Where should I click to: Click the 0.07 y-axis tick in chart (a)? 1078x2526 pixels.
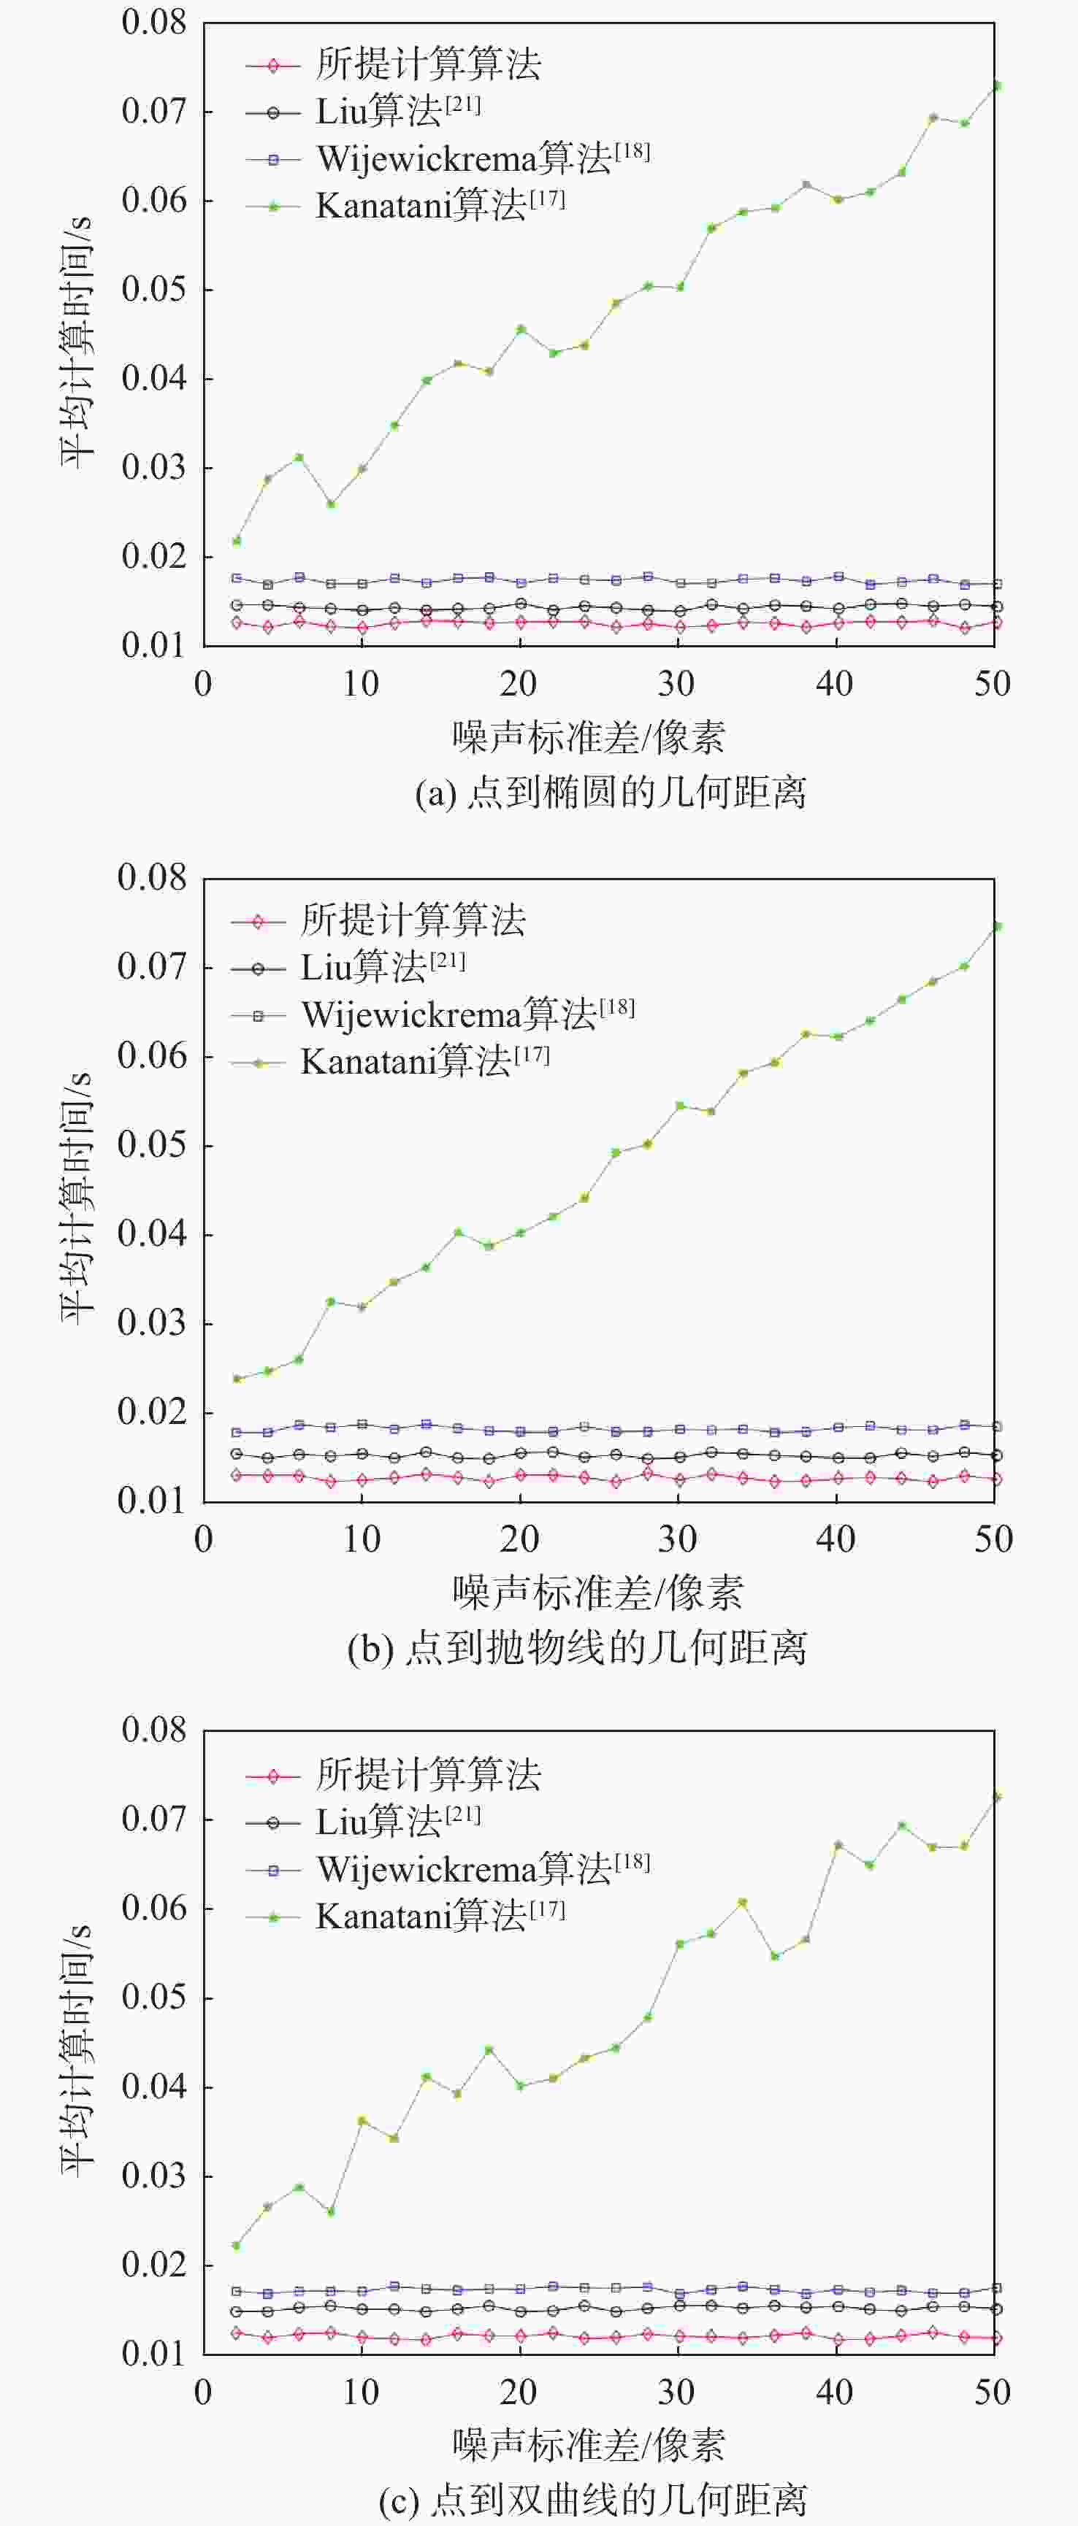(154, 111)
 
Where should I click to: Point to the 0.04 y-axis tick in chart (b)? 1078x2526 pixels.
(152, 1233)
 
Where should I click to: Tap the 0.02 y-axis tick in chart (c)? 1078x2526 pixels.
(154, 2265)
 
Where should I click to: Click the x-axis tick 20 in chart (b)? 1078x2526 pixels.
(520, 1539)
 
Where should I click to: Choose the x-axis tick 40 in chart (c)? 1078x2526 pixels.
(836, 2392)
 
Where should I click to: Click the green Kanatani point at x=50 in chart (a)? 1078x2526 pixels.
(995, 86)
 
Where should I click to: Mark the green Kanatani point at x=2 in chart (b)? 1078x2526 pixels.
(237, 1379)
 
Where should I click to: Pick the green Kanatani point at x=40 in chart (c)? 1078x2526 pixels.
(838, 1844)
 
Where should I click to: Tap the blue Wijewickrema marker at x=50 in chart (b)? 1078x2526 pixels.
(995, 1427)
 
